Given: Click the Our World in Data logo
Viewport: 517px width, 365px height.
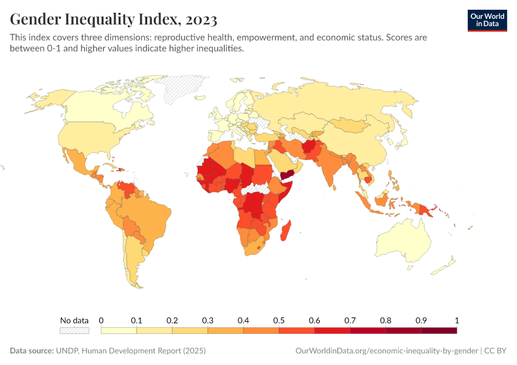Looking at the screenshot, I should [x=487, y=20].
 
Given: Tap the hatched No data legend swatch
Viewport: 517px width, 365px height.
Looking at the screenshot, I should [x=74, y=330].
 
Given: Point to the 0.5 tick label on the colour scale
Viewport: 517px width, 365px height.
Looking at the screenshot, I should [x=279, y=320].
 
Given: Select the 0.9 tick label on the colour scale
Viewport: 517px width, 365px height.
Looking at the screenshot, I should [x=421, y=320].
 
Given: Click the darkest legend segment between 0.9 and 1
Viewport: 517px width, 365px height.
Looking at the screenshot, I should [x=439, y=330].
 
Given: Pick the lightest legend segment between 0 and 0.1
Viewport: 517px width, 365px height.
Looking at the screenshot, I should [x=119, y=330].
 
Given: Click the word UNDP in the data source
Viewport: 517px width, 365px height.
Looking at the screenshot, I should [x=70, y=351].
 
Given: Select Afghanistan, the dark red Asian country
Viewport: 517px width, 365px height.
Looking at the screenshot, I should [x=311, y=148].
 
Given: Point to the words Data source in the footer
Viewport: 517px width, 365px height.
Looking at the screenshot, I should [x=31, y=351].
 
